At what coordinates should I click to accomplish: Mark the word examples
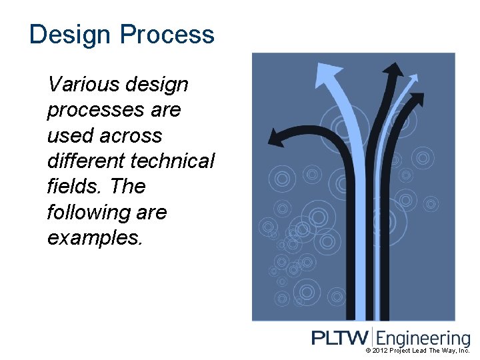(x=95, y=238)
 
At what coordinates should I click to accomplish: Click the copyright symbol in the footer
(x=368, y=351)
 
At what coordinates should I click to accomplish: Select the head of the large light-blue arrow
(x=326, y=73)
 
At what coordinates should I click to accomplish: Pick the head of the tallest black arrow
(x=395, y=68)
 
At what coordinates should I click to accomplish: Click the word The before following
(x=128, y=186)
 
